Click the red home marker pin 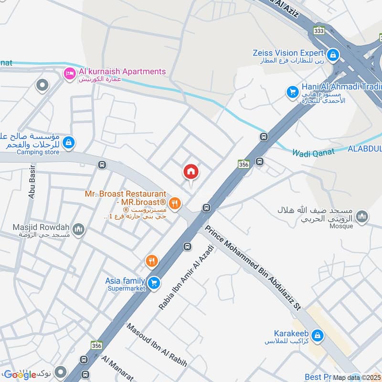pos(191,172)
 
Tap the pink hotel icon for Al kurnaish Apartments pos(70,73)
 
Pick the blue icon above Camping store pos(69,142)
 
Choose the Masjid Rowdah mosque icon pos(79,230)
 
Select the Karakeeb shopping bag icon pos(318,336)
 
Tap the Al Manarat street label pos(117,368)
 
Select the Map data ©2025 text pos(356,377)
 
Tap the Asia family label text pos(126,280)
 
